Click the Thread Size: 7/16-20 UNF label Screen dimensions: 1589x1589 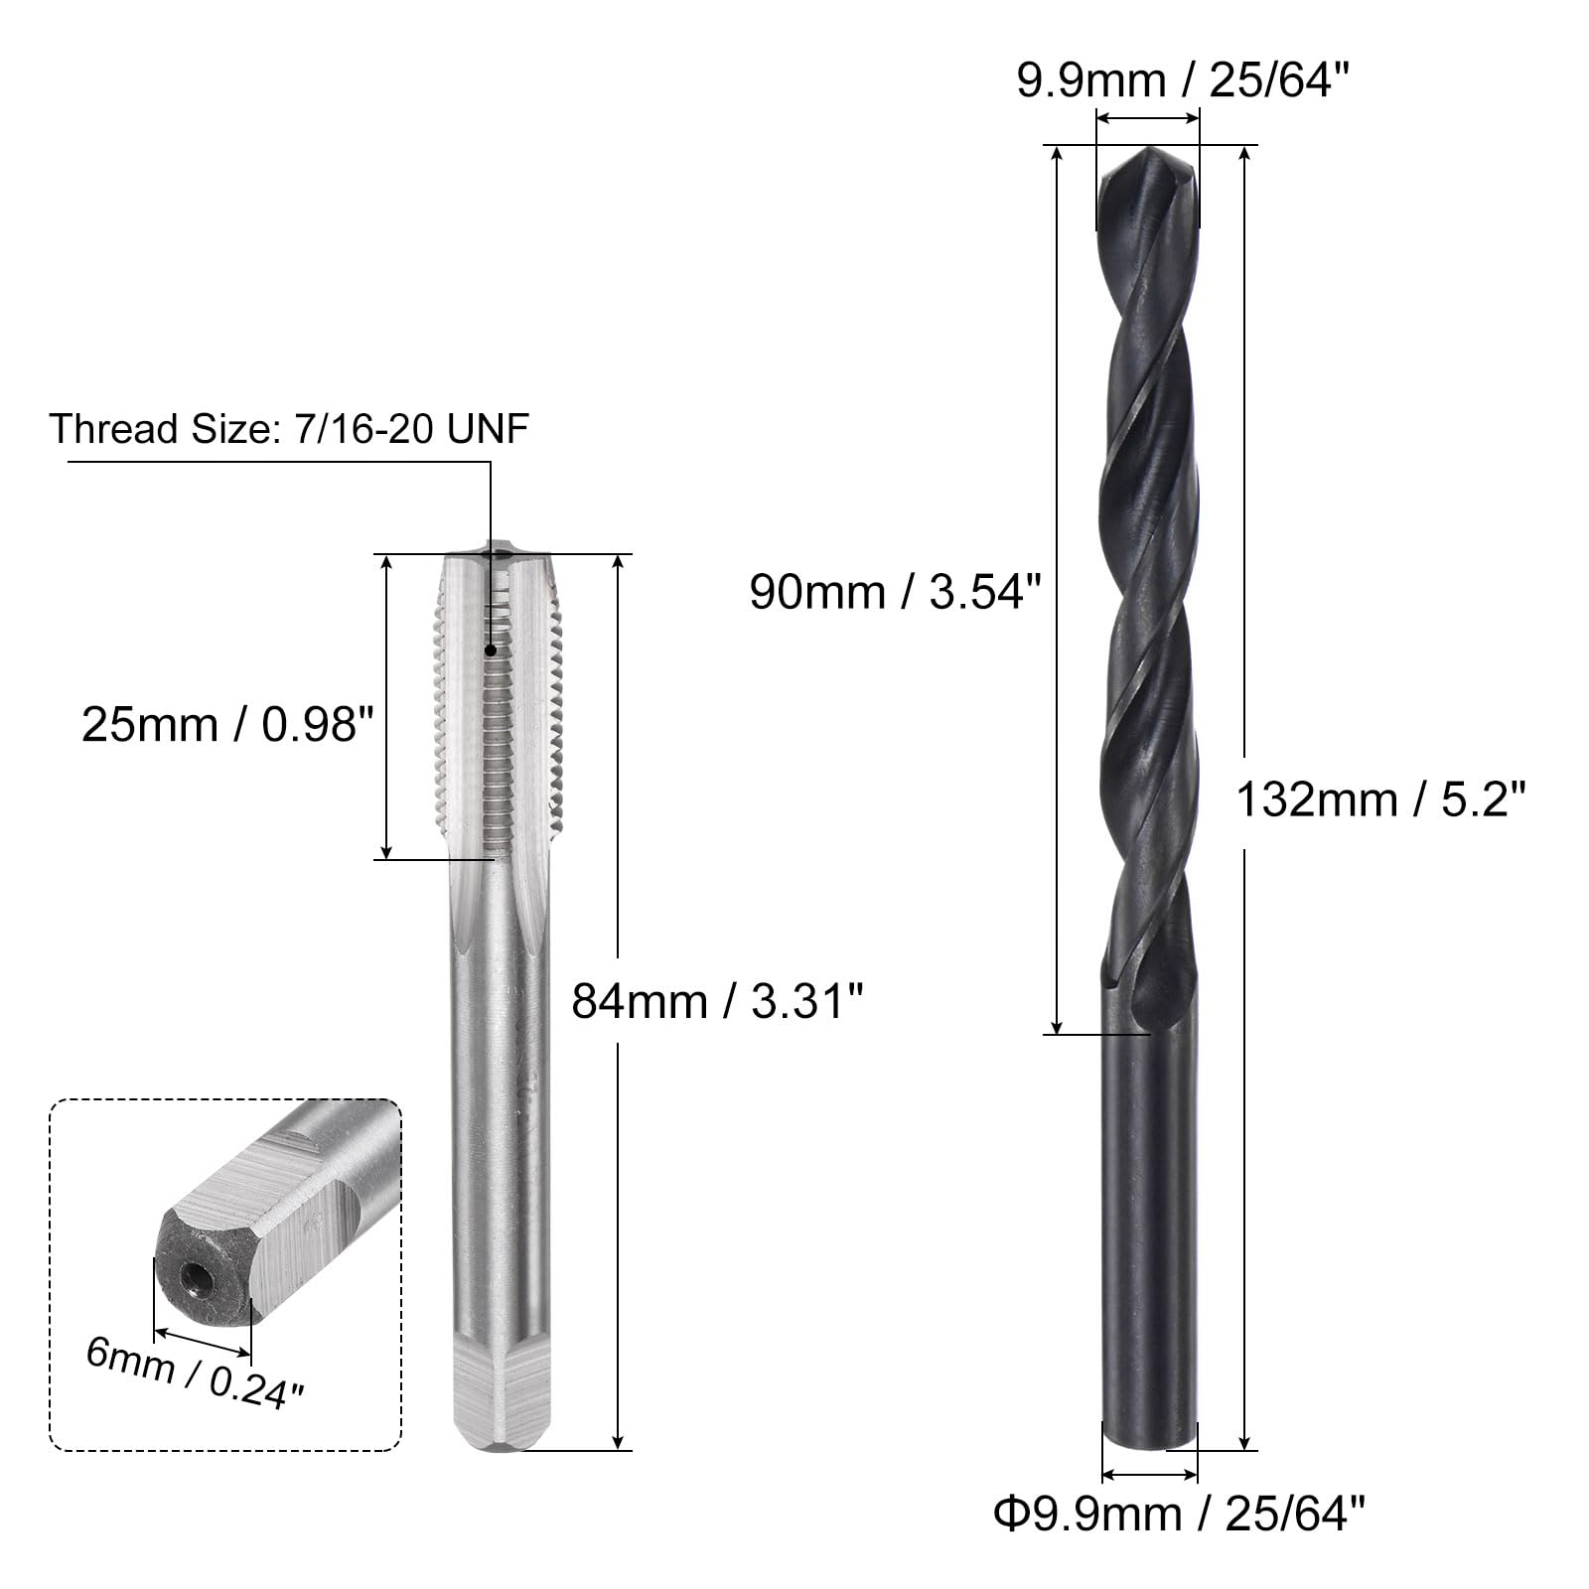[289, 429]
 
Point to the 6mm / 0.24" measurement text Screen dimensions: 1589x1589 [194, 1372]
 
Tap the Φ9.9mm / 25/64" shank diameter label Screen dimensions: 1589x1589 [1180, 1515]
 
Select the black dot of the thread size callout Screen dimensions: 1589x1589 [490, 650]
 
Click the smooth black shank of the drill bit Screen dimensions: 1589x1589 [1150, 1241]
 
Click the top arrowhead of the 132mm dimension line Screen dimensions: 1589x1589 [1244, 155]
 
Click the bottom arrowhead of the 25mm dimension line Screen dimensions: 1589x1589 [387, 850]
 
